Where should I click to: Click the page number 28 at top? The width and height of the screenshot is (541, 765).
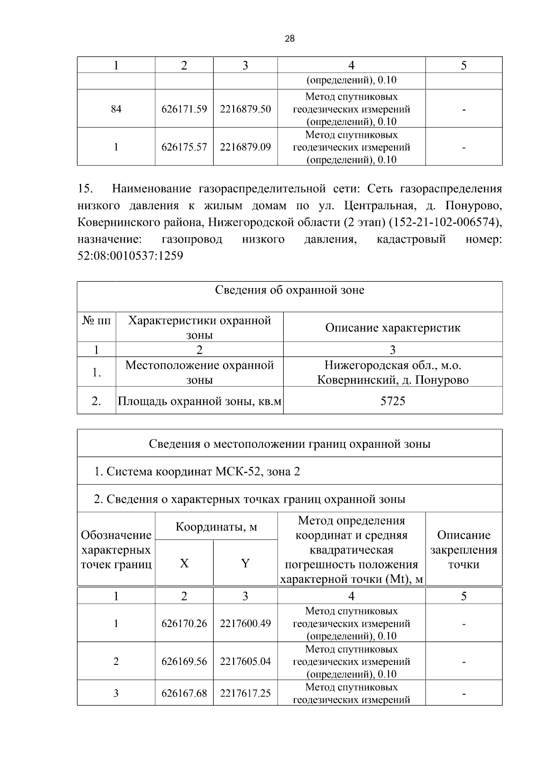tap(290, 39)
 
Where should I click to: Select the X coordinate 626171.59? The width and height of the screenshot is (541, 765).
tap(184, 109)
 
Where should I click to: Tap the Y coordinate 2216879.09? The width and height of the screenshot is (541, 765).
tap(245, 147)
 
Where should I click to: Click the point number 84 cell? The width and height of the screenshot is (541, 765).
tap(116, 109)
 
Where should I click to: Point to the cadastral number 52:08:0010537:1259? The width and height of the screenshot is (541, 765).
tap(130, 257)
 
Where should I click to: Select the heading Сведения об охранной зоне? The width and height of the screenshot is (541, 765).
tap(289, 290)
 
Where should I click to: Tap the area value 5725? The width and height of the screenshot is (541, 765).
tap(393, 401)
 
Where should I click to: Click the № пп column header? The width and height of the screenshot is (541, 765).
tap(96, 321)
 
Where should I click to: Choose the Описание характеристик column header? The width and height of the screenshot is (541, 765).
tap(393, 328)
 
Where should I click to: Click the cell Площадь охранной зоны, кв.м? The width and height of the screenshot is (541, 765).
tap(199, 401)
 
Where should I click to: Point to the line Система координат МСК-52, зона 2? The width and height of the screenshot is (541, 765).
tap(197, 472)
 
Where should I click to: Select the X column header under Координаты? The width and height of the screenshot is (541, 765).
tap(184, 563)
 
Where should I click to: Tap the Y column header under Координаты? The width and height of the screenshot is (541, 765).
tap(245, 563)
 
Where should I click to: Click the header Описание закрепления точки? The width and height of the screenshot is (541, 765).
tap(463, 550)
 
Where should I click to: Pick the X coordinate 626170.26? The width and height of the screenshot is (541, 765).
tap(184, 623)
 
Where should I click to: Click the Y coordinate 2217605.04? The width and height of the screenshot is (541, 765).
tap(245, 661)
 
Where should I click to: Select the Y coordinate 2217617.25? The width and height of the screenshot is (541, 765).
tap(245, 693)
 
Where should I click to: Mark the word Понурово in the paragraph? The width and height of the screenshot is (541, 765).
tap(473, 206)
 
